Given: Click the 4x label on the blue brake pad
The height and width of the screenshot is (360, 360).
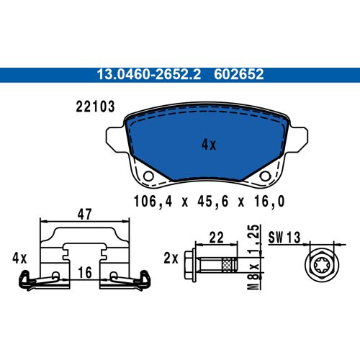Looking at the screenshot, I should pos(208,145).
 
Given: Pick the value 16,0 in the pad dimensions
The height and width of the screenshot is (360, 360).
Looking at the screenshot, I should pos(262,202).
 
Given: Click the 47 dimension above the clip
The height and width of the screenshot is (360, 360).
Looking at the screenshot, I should pos(85,214).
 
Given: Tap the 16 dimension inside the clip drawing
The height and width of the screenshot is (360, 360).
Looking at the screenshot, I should pos(85,273).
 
